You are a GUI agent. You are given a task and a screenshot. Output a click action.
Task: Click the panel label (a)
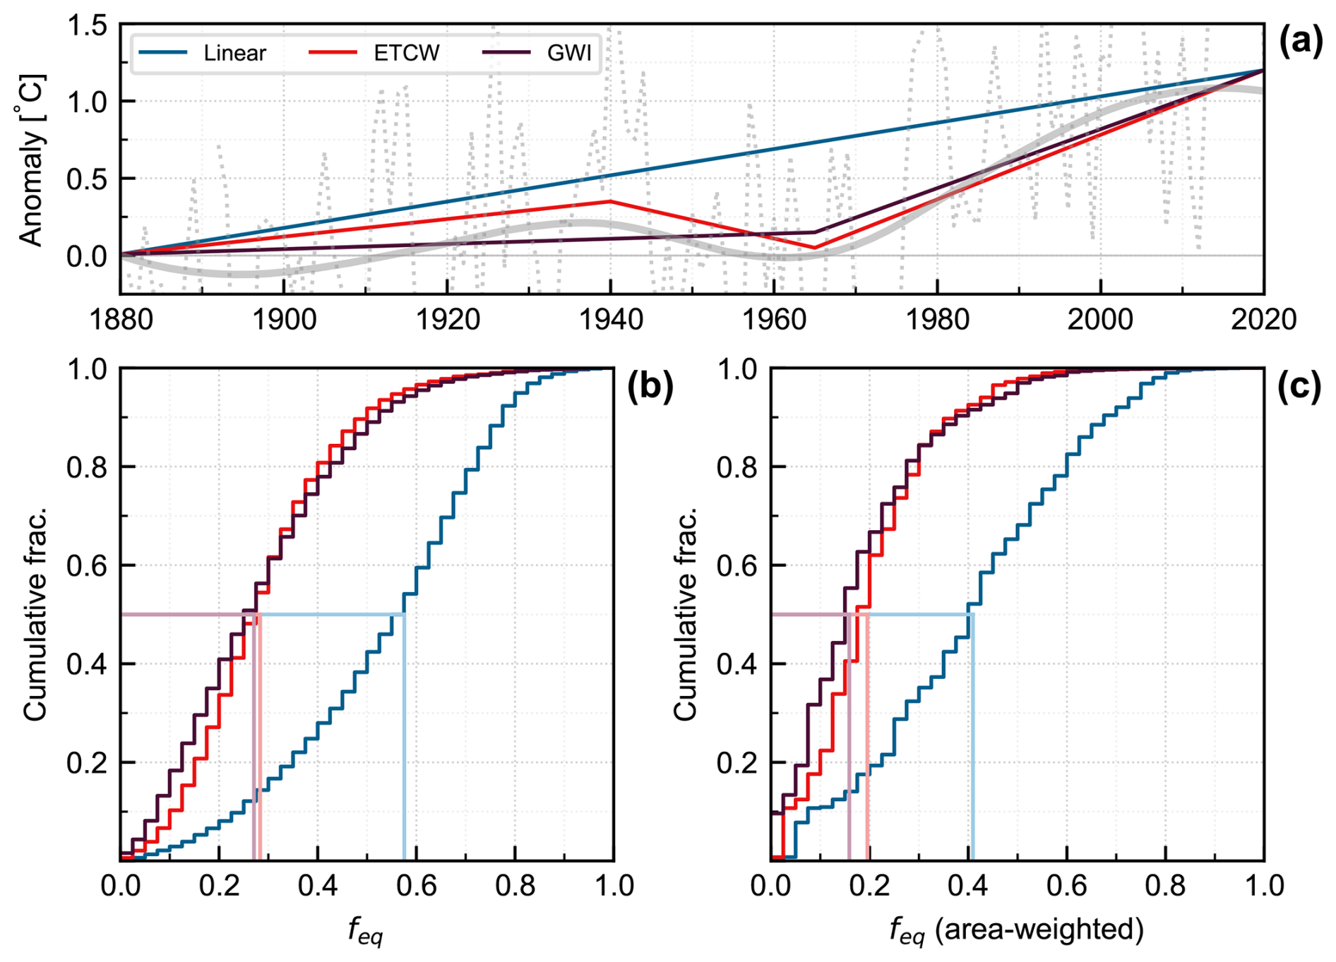pyautogui.click(x=1301, y=42)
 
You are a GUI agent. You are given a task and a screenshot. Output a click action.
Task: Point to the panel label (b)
pyautogui.click(x=650, y=387)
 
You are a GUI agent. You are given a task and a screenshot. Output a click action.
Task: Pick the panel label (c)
pyautogui.click(x=1299, y=387)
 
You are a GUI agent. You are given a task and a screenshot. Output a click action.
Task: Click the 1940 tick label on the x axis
pyautogui.click(x=611, y=320)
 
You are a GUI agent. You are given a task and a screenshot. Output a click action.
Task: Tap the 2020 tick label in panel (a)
pyautogui.click(x=1263, y=320)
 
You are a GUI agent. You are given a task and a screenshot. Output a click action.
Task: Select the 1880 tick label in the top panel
pyautogui.click(x=121, y=320)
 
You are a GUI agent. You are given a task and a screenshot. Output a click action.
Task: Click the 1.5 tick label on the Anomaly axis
pyautogui.click(x=87, y=26)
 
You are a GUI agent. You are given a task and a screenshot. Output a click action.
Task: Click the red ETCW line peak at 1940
pyautogui.click(x=611, y=202)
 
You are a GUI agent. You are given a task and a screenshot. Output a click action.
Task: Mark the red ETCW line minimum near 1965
pyautogui.click(x=814, y=248)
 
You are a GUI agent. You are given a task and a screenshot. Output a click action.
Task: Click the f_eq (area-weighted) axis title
pyautogui.click(x=1016, y=930)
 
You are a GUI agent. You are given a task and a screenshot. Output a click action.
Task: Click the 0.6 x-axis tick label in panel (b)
pyautogui.click(x=416, y=885)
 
